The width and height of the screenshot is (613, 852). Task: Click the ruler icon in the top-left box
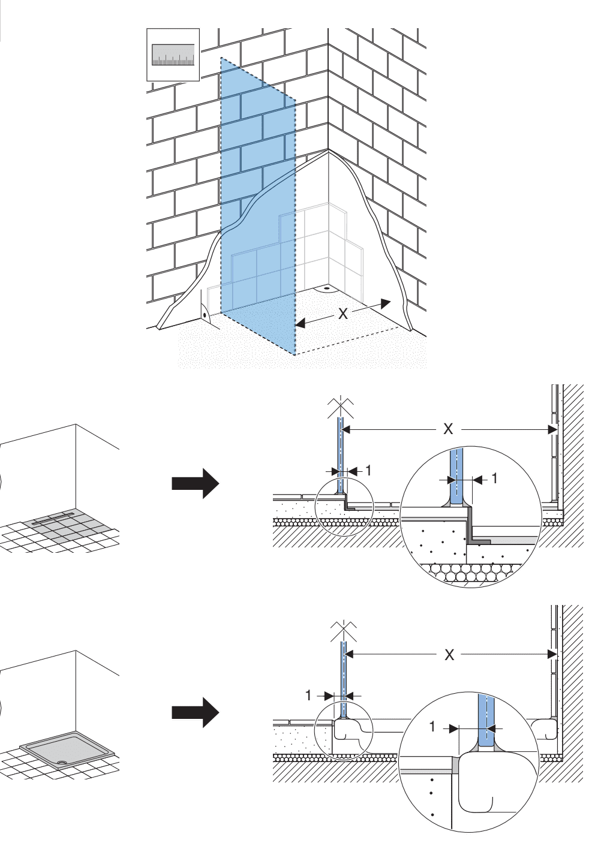pyautogui.click(x=173, y=54)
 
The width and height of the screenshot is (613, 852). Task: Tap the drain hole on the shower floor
pyautogui.click(x=327, y=287)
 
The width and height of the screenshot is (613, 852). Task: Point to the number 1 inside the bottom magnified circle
pyautogui.click(x=433, y=727)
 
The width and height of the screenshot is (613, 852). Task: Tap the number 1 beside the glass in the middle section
pyautogui.click(x=369, y=471)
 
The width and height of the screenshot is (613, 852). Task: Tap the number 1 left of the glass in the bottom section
pyautogui.click(x=309, y=696)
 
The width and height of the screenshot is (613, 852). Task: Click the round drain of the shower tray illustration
pyautogui.click(x=62, y=764)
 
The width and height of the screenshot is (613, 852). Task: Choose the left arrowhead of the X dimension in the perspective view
pyautogui.click(x=301, y=324)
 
